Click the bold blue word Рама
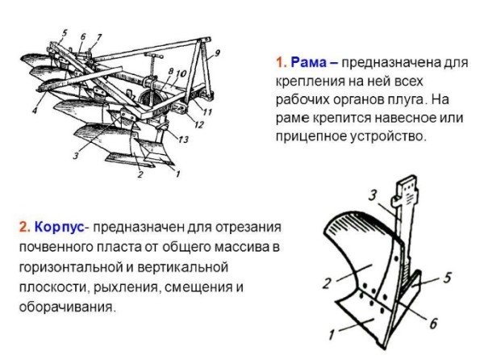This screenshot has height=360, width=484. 309,62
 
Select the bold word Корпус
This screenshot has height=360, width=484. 59,227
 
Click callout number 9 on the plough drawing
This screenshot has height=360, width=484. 217,53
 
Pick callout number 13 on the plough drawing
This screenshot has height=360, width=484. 183,140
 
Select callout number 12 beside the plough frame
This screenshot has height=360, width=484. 199,124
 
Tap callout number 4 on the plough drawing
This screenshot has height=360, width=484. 35,110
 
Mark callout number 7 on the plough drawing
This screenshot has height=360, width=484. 98,38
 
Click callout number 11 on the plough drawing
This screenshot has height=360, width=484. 207,111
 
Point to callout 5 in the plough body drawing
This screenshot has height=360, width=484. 447,277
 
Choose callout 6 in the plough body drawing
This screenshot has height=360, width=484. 433,323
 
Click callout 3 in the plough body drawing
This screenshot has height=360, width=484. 373,195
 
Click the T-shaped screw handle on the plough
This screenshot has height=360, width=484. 152,65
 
